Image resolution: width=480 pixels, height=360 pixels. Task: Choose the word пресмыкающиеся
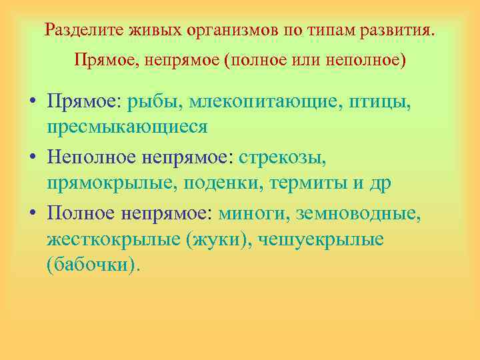[x=127, y=126]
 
